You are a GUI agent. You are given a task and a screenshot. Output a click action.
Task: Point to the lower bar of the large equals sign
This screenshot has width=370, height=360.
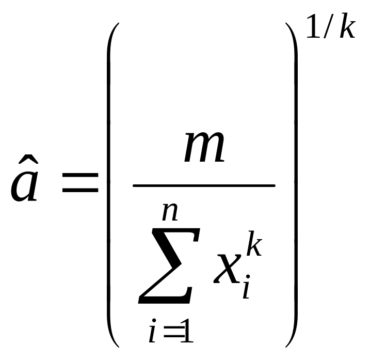(80, 191)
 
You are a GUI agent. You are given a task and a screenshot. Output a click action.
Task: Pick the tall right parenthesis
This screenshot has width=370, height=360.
(295, 186)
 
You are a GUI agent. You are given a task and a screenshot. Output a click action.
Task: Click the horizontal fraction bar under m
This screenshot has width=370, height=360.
(204, 185)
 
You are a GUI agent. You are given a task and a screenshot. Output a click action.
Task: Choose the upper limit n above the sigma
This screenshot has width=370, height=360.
(170, 212)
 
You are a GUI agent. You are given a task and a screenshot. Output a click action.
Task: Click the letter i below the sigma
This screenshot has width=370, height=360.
(152, 334)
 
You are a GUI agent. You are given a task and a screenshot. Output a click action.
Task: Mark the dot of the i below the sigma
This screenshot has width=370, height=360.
(153, 323)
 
